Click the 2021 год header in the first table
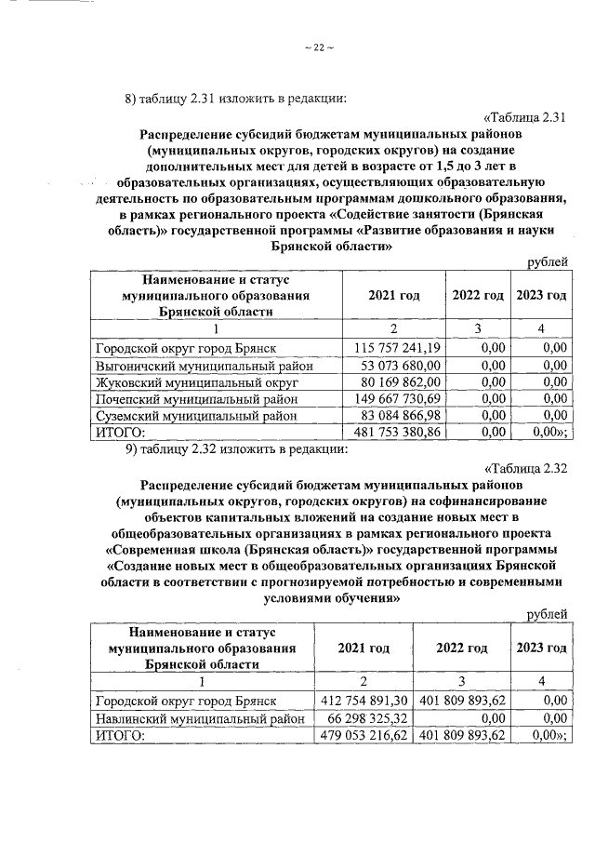tap(393, 296)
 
